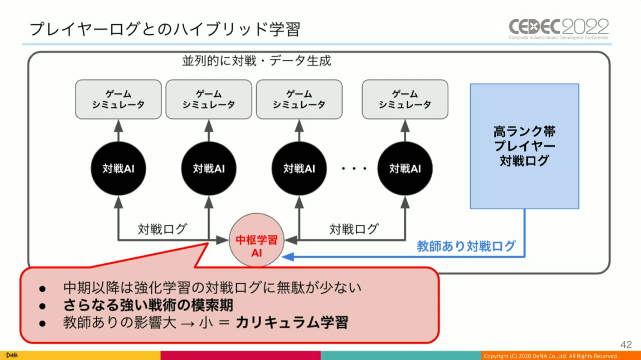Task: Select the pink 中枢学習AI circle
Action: click(258, 246)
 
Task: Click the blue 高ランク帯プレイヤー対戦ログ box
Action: click(524, 146)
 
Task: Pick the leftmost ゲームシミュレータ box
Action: click(118, 99)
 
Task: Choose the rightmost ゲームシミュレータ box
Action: click(405, 99)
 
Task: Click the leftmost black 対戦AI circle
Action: click(118, 168)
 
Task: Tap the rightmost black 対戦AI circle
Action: click(405, 168)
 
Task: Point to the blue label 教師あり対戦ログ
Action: click(466, 246)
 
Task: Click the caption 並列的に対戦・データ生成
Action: click(257, 61)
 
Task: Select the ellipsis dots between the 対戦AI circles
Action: click(354, 169)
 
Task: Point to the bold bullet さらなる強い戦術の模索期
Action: click(149, 305)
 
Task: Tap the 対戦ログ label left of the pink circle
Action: click(162, 229)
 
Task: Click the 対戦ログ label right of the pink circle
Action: click(353, 229)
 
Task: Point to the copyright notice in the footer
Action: click(552, 355)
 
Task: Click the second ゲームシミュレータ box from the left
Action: click(209, 99)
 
